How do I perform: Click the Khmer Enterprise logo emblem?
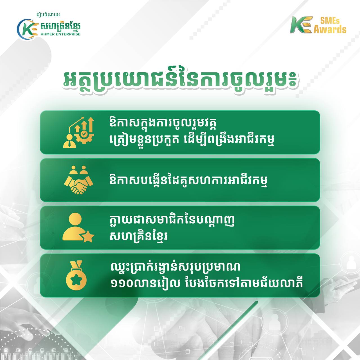(27, 29)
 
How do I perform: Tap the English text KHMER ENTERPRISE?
(60, 34)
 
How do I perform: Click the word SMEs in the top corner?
(330, 21)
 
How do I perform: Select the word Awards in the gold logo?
(330, 30)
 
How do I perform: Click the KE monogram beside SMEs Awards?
(301, 25)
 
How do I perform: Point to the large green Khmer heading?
(180, 82)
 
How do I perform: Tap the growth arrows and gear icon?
(78, 132)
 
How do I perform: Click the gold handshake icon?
(78, 180)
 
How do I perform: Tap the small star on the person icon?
(88, 237)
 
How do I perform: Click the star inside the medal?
(76, 280)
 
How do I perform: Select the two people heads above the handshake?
(78, 170)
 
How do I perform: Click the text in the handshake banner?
(188, 180)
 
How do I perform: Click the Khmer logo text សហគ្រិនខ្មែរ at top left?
(60, 26)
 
